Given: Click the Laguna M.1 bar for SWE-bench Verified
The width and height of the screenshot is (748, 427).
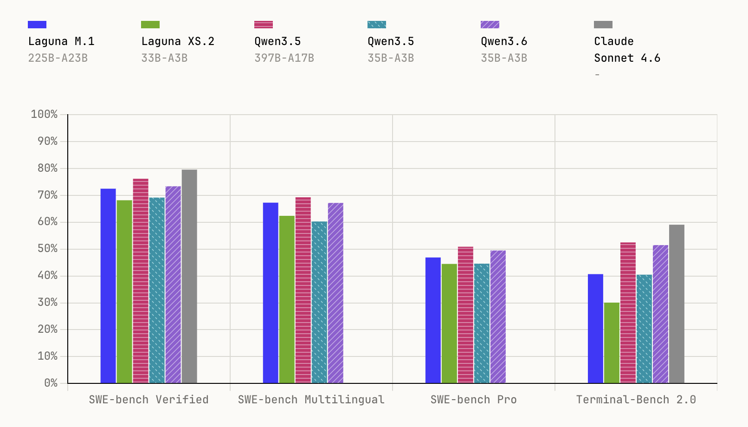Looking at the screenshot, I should tap(108, 285).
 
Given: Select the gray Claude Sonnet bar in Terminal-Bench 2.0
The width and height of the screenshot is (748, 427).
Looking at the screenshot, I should tap(677, 304).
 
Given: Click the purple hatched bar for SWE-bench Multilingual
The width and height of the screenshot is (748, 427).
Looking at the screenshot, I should tap(335, 293).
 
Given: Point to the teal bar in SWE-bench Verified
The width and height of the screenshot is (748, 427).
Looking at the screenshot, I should tap(157, 290).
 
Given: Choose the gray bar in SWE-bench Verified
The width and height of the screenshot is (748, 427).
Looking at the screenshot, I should tap(189, 276).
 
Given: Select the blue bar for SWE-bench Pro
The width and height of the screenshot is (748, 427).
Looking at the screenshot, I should tap(433, 320).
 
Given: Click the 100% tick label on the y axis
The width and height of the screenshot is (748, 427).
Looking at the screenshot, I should tap(45, 114).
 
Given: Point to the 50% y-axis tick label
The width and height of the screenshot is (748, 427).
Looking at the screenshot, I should tap(47, 249).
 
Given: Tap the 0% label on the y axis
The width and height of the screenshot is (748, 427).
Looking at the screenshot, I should tap(51, 383).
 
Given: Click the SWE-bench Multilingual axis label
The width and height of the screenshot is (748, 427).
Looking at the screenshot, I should tap(311, 400).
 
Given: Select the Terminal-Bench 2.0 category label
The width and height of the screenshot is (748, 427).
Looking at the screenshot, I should tap(636, 400).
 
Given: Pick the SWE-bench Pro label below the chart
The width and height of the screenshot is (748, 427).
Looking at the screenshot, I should tap(473, 400).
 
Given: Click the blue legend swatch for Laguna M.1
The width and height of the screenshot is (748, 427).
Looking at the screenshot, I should tap(37, 25).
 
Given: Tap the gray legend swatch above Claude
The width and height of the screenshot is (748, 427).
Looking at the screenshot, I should tap(603, 25).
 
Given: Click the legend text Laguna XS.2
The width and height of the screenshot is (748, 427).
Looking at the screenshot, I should tap(178, 41).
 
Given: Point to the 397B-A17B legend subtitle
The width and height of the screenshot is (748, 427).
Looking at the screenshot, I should tap(284, 58).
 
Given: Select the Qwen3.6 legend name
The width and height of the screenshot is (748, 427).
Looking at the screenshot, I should tap(504, 41).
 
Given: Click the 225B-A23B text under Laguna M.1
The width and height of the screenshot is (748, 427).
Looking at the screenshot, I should tap(58, 58).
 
